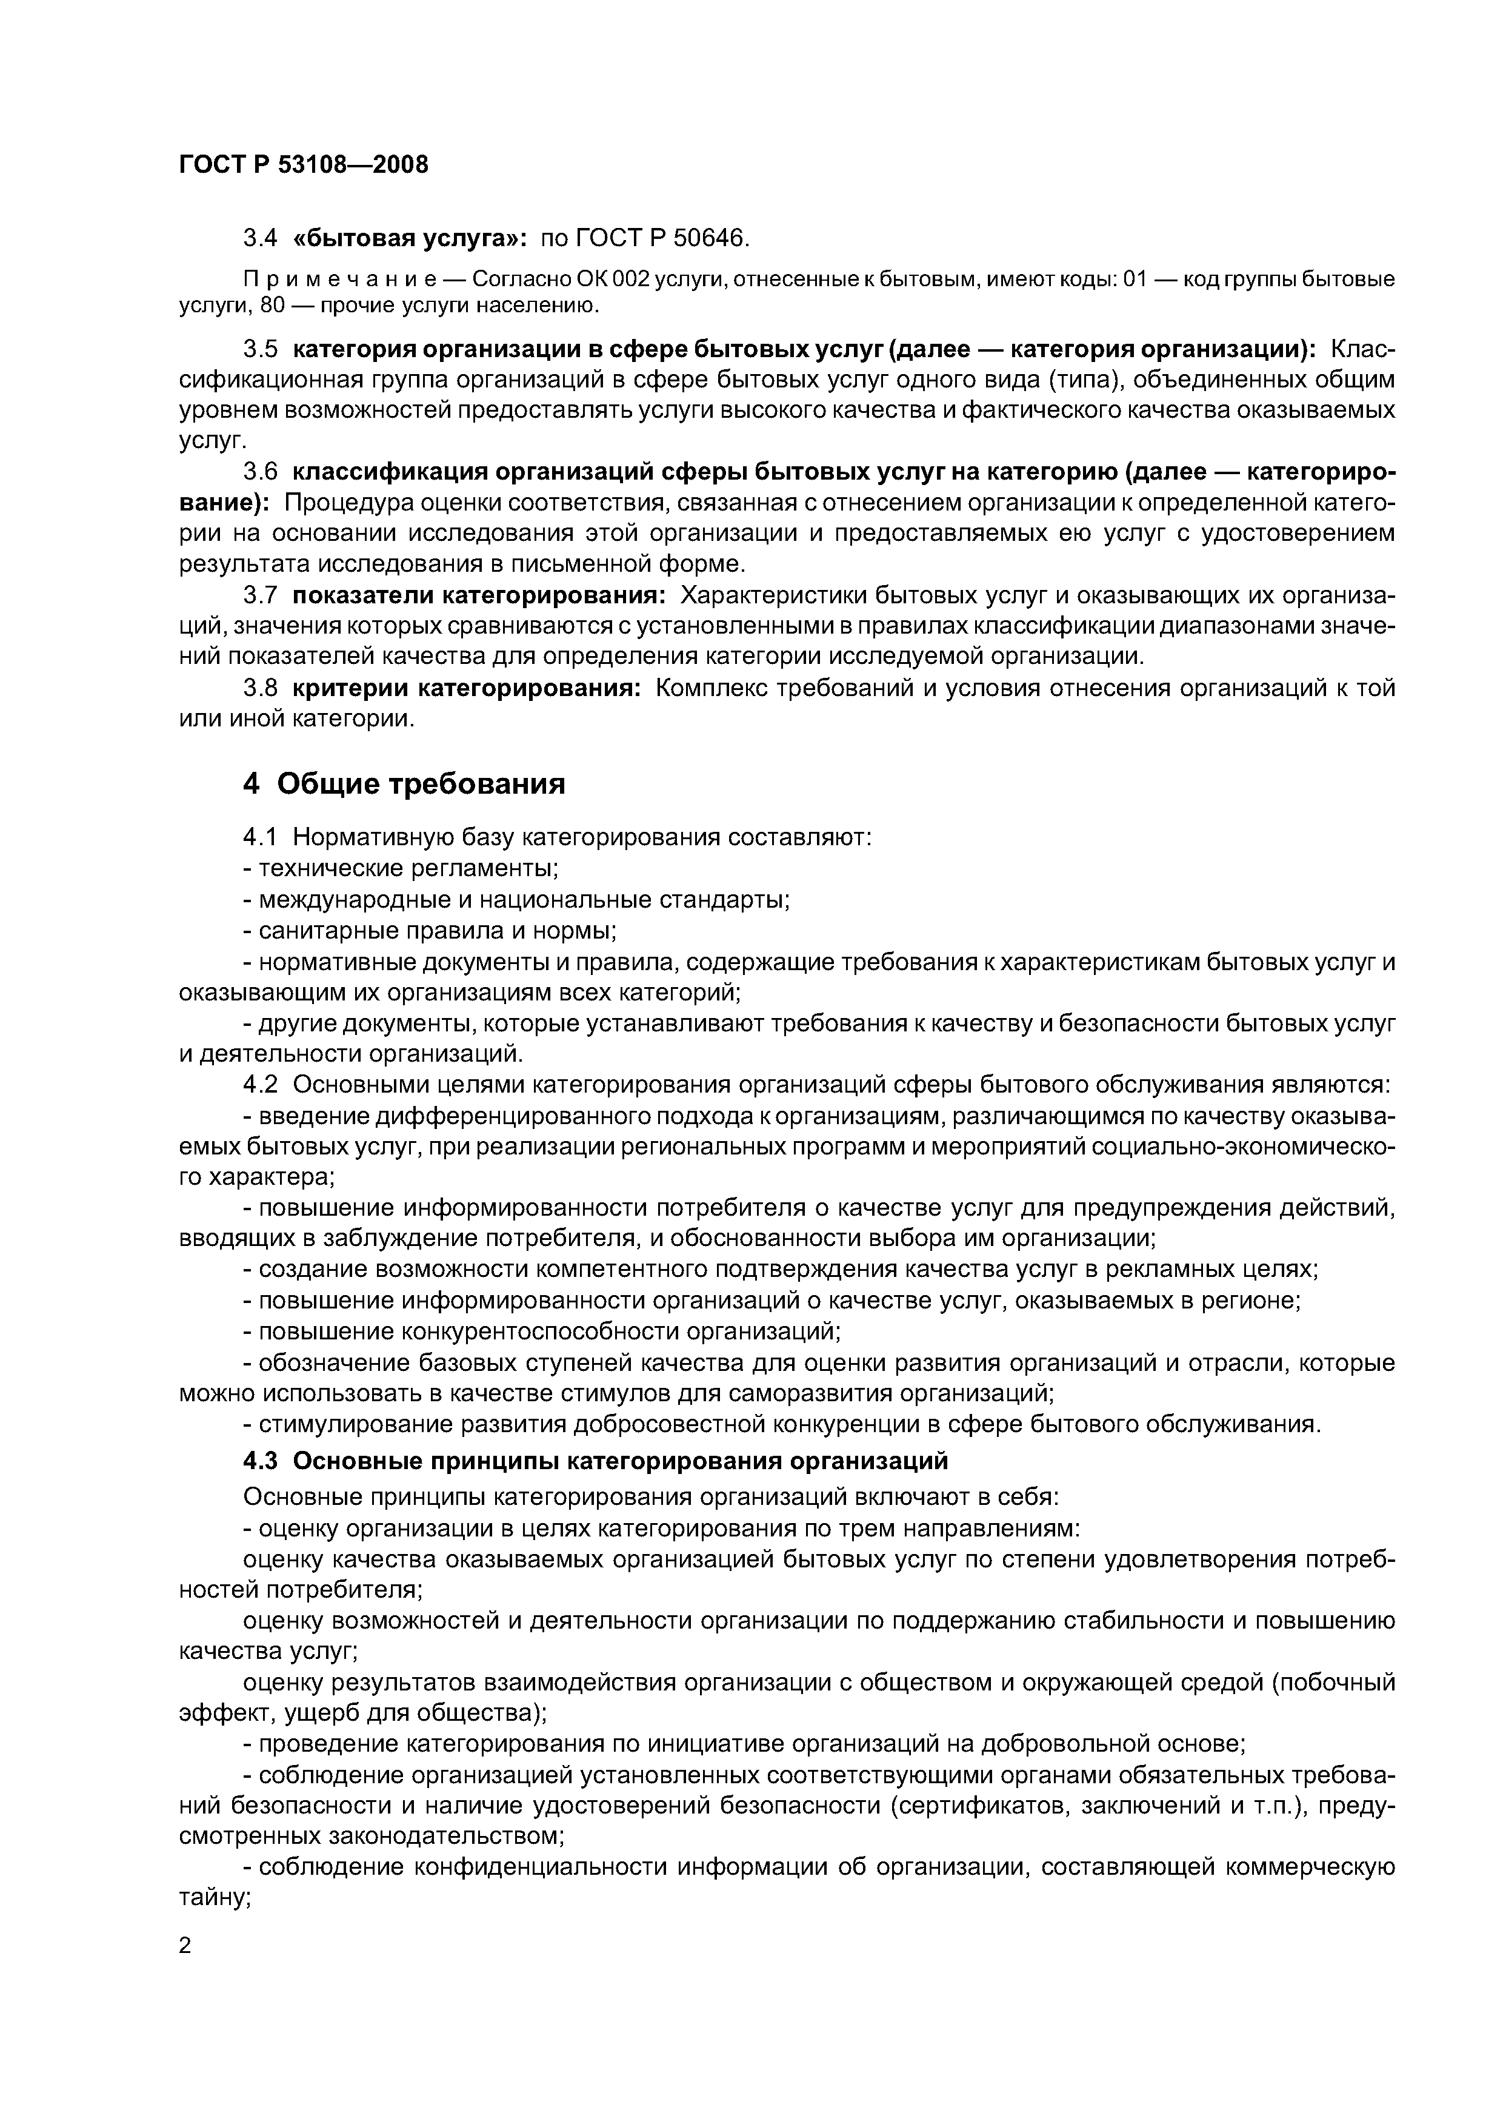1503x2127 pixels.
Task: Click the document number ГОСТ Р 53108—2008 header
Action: (304, 165)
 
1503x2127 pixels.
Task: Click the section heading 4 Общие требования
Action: (404, 784)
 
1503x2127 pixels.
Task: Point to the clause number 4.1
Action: (260, 837)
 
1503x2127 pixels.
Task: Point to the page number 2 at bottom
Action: (185, 1946)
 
